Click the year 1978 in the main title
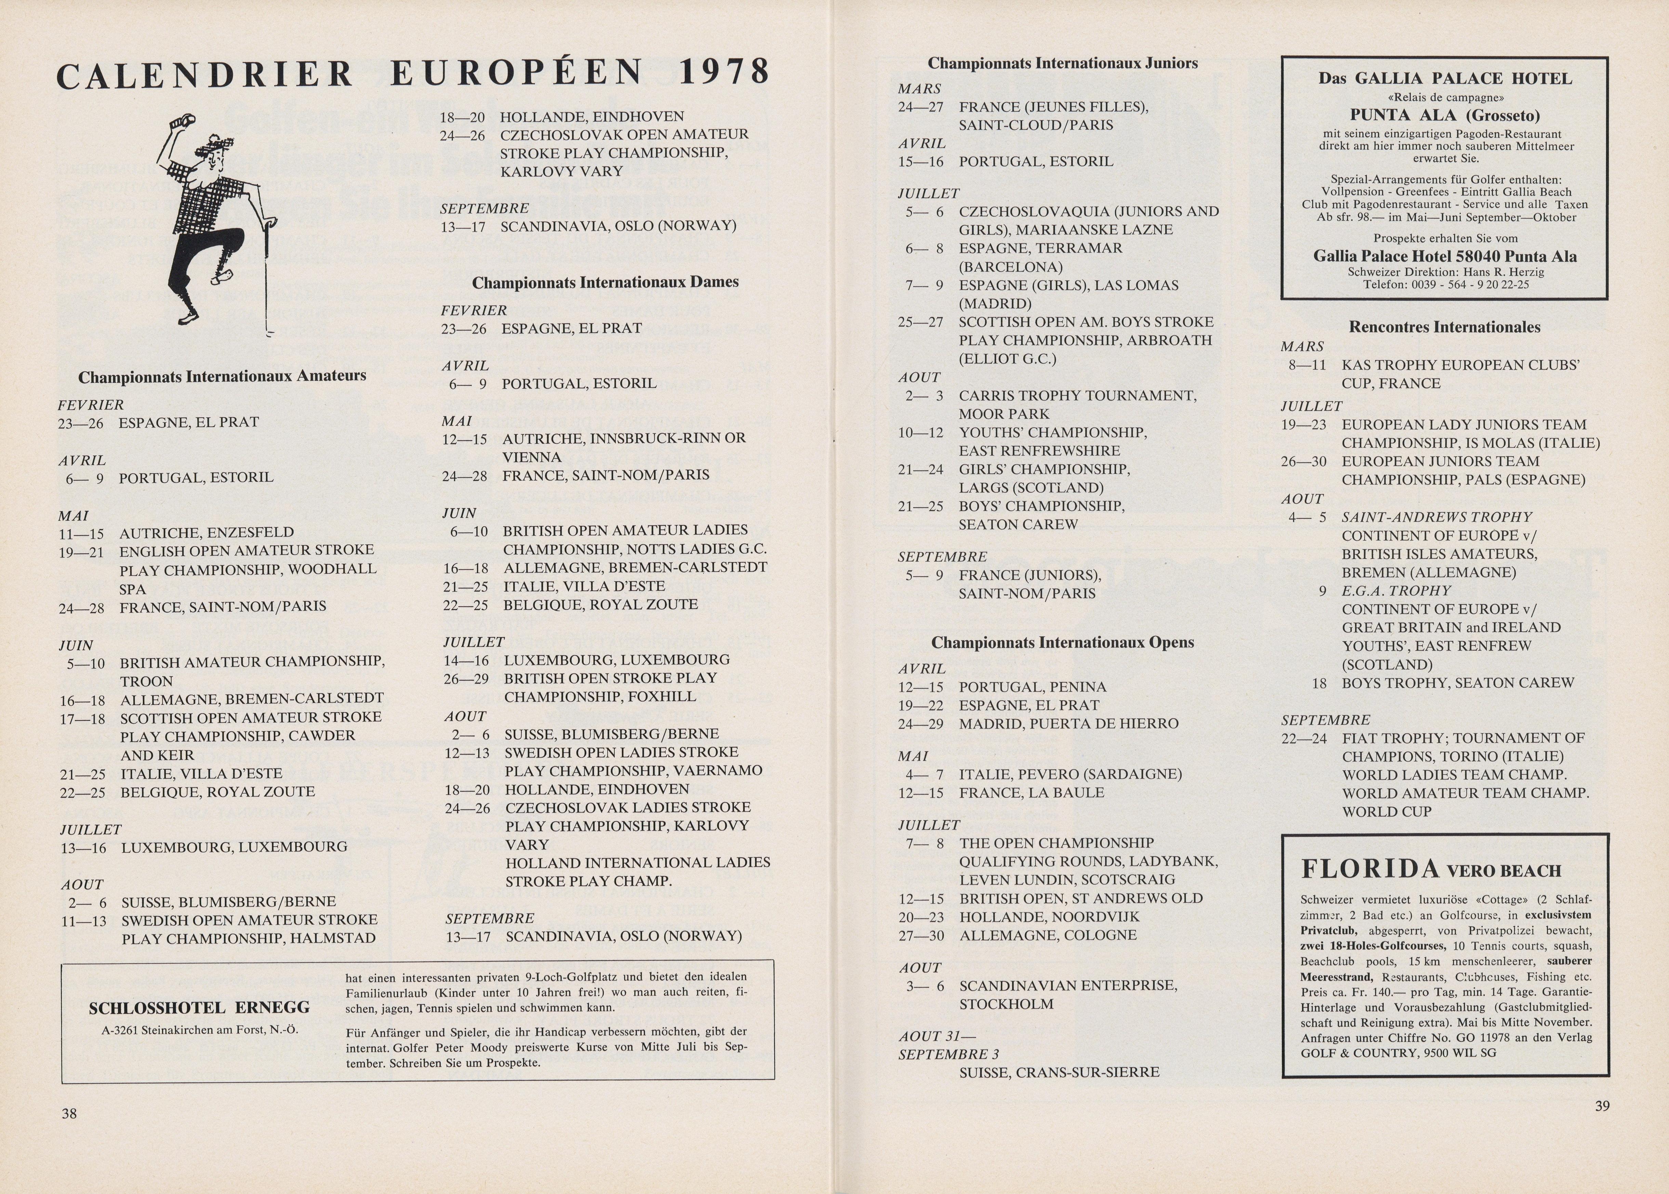[x=724, y=72]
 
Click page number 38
[x=69, y=1113]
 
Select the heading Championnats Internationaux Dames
[x=605, y=282]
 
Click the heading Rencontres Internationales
[x=1444, y=327]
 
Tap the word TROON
[x=146, y=682]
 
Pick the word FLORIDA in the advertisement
[x=1369, y=870]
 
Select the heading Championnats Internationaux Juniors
[x=1062, y=63]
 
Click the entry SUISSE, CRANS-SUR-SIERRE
[x=1059, y=1072]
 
